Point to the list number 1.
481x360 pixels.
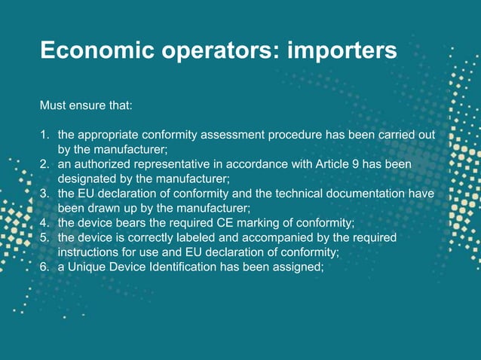[44, 136]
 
